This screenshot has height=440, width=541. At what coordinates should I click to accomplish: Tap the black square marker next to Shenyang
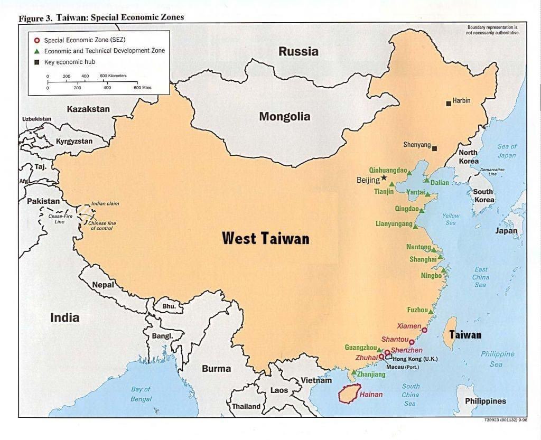pos(434,148)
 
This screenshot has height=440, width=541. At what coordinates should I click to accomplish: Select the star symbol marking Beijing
pos(384,178)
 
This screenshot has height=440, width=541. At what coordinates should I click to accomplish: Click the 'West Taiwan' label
pos(265,238)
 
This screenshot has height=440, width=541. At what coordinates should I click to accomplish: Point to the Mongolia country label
pos(284,117)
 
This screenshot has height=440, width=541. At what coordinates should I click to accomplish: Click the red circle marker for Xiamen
pos(424,330)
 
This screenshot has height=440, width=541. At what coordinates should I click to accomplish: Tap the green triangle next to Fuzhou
pos(431,312)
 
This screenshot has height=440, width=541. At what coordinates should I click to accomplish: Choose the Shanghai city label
pos(423,259)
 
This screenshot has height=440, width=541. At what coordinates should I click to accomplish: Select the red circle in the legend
pos(36,40)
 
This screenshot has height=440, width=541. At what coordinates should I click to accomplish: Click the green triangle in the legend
pos(36,51)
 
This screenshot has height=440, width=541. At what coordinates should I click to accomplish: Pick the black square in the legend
pos(36,62)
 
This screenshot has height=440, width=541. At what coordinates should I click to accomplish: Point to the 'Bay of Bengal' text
pos(141,394)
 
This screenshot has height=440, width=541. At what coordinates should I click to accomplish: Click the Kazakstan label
pos(88,109)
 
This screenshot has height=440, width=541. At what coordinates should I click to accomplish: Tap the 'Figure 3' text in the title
pos(35,17)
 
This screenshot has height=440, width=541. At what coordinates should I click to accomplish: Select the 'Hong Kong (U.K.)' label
pos(415,359)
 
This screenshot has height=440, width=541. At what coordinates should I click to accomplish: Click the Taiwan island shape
pos(450,333)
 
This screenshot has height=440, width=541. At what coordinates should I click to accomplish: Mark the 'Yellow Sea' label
pos(451,219)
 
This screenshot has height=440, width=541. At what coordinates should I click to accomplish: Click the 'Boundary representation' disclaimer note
pos(492,30)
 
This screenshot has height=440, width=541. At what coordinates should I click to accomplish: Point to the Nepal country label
pos(103,285)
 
